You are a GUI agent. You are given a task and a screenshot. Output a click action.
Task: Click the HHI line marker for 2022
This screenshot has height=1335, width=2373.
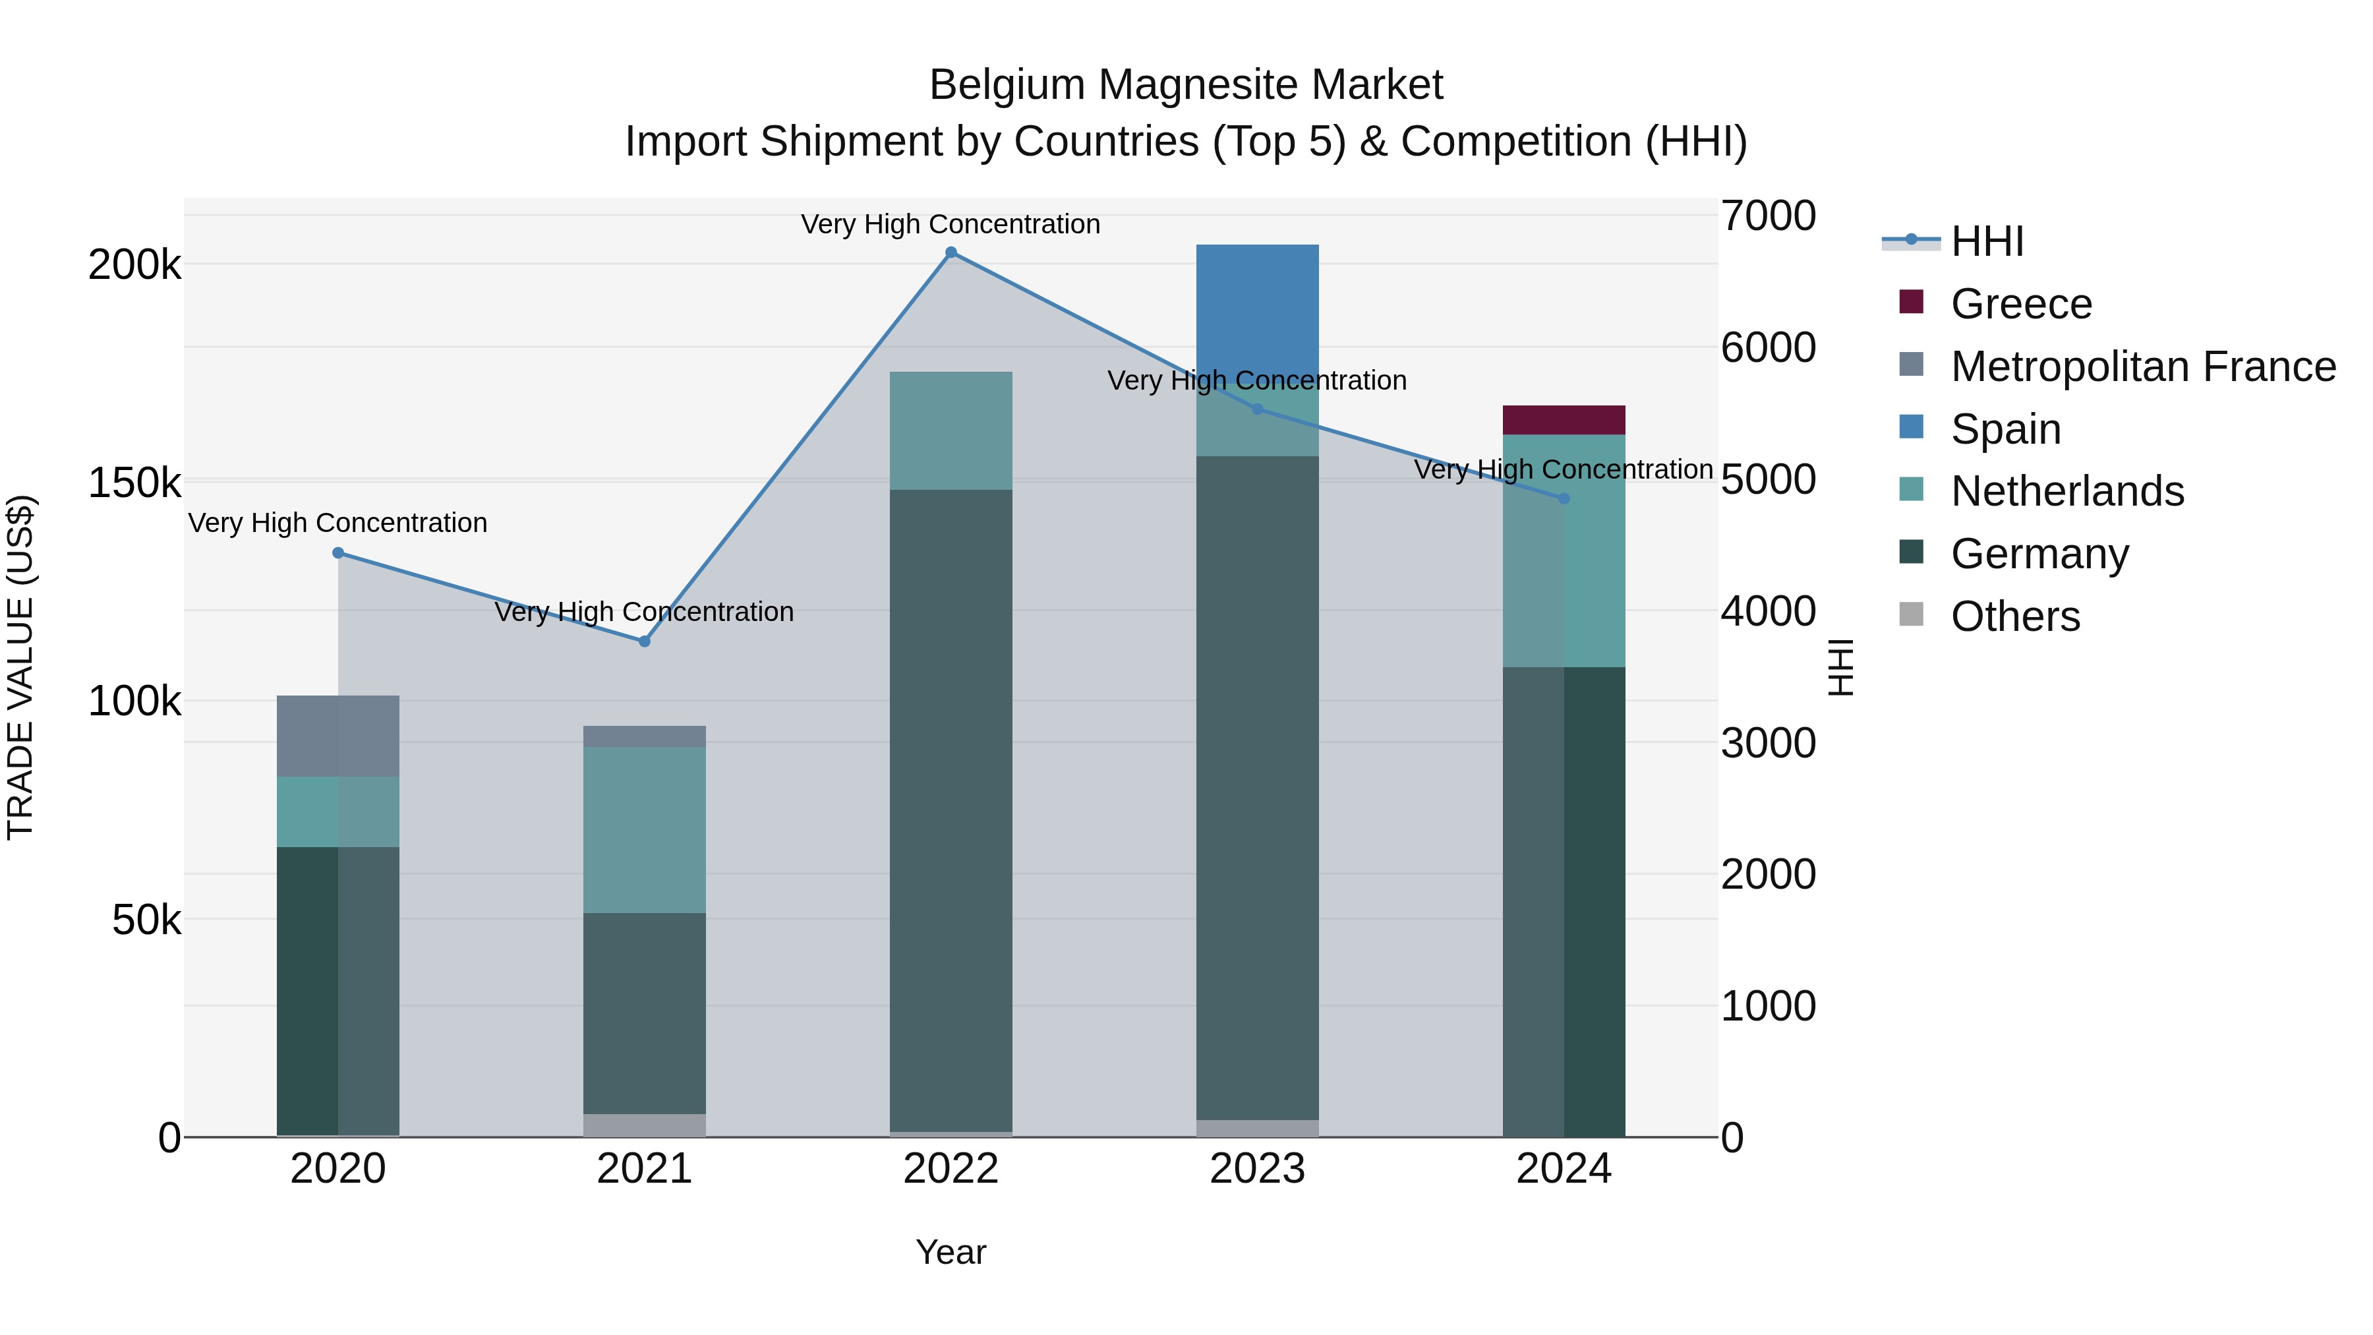[951, 252]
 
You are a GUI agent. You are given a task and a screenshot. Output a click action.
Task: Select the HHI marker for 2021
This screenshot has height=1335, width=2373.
[645, 641]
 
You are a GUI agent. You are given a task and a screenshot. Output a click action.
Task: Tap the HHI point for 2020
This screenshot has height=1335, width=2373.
[338, 553]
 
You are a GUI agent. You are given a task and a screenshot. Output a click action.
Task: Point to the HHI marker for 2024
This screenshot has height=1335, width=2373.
[1564, 498]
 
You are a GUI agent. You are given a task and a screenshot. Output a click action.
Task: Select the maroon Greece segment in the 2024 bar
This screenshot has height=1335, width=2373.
[1564, 420]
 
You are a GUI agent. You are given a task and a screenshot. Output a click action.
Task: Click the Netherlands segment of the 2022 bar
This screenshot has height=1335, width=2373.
[951, 430]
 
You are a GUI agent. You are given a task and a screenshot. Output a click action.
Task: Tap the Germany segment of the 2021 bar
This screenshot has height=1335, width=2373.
[645, 1013]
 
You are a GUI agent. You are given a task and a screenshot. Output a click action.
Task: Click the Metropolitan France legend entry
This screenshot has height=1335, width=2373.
[2143, 367]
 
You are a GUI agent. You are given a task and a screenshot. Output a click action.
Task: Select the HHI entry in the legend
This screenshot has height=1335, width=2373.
[1987, 241]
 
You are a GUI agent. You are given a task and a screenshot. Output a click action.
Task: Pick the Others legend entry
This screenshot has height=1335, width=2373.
[2014, 616]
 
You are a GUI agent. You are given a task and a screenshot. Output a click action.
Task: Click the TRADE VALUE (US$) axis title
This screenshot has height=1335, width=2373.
[21, 667]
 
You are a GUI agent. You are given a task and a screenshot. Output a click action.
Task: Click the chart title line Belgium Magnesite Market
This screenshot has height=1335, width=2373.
[1186, 85]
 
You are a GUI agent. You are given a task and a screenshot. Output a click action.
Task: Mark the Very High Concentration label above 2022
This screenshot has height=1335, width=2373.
[951, 225]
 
